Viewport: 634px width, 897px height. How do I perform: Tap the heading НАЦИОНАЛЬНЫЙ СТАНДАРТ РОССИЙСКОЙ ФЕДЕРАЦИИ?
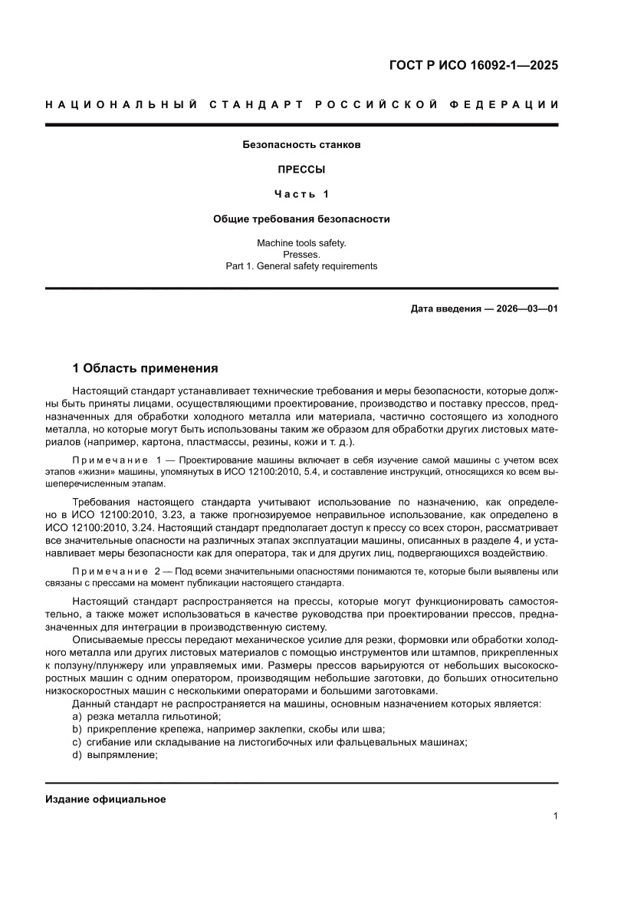[301, 104]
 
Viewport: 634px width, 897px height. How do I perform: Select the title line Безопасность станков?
[301, 144]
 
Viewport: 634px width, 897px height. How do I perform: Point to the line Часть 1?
[301, 194]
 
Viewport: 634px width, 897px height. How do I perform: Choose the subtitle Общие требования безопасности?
[301, 219]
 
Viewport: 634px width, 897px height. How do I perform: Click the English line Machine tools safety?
[301, 243]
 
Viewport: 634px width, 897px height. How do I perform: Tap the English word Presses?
[301, 255]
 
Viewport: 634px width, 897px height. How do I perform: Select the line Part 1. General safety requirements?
[301, 266]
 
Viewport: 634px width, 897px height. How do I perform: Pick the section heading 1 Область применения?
[145, 368]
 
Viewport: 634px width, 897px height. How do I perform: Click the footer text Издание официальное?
[106, 800]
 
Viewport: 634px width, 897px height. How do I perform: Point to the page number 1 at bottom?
[555, 816]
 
